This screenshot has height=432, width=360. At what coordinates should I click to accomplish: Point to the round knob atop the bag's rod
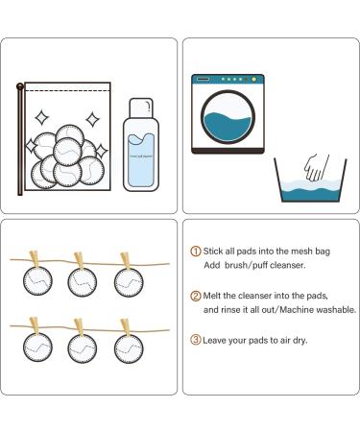(19, 87)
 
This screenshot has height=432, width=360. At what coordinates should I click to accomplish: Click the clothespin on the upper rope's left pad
(36, 262)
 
